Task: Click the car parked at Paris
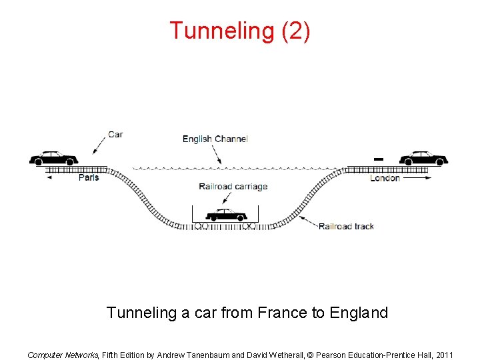tap(53, 158)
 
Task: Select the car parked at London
tap(423, 158)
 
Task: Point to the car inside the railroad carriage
tap(226, 215)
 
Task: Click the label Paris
tap(89, 177)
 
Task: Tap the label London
tap(385, 178)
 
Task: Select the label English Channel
tap(215, 139)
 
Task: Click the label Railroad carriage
tap(233, 187)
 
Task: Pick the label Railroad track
tap(346, 227)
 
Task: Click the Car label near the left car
tap(115, 134)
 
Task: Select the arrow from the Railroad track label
tap(307, 221)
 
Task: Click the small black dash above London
tap(378, 159)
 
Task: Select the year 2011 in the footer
tap(443, 355)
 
